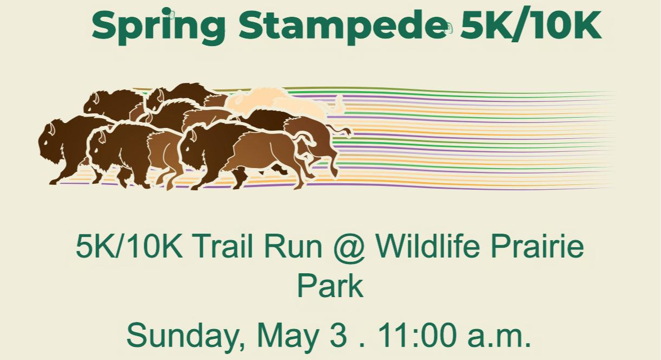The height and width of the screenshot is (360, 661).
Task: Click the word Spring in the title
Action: (159, 27)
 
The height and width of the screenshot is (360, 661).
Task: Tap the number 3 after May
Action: (338, 336)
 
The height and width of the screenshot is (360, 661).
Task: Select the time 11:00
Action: (417, 336)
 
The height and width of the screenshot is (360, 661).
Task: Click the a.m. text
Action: (499, 338)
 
